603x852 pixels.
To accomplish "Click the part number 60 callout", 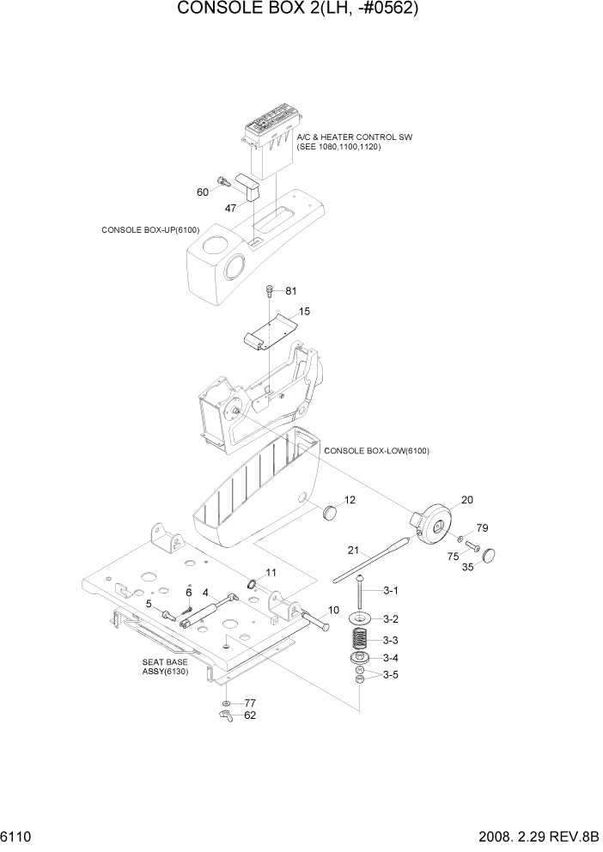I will [x=203, y=192].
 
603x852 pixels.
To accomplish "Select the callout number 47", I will [x=231, y=208].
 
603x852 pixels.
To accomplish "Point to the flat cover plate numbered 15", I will [x=271, y=330].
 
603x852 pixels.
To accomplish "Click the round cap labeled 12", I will [x=328, y=512].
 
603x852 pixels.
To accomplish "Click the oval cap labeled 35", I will [x=491, y=554].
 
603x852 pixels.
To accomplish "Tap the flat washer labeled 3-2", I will [x=360, y=619].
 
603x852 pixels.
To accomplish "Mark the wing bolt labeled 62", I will [x=227, y=714].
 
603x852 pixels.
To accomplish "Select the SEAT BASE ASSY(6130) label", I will [x=165, y=668].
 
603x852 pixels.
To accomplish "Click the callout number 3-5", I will [x=391, y=675].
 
